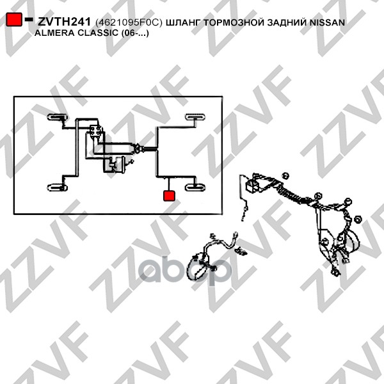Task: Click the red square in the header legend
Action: tap(14, 19)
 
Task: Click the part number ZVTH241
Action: tap(64, 22)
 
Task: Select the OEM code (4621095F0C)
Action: tap(129, 22)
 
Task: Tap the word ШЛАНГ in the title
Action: tap(183, 22)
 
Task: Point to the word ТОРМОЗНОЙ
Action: tap(234, 22)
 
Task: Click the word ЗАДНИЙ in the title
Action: tap(287, 22)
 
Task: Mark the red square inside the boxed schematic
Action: tap(169, 196)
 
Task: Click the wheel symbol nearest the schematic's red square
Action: tap(195, 188)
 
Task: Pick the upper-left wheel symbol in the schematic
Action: tap(58, 117)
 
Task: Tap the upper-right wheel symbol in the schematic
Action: tap(195, 117)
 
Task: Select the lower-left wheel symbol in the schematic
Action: tap(58, 188)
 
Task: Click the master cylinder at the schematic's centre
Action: tap(138, 148)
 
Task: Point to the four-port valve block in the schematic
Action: tap(96, 131)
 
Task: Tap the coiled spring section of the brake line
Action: tap(291, 192)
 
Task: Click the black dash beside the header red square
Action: tap(29, 19)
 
